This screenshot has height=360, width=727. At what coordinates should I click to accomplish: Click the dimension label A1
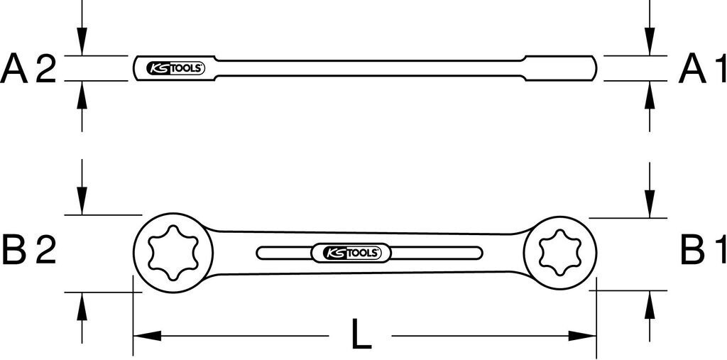[x=702, y=69]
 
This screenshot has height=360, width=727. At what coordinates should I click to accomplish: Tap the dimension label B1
[x=702, y=251]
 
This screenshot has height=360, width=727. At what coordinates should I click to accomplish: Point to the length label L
[x=361, y=334]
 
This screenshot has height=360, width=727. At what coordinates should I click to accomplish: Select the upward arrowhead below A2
[x=82, y=92]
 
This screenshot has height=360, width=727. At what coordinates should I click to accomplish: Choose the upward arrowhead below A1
[x=648, y=92]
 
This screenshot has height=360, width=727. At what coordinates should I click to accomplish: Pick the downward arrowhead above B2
[x=82, y=202]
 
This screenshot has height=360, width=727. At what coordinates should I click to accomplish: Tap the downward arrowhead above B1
[x=648, y=206]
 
